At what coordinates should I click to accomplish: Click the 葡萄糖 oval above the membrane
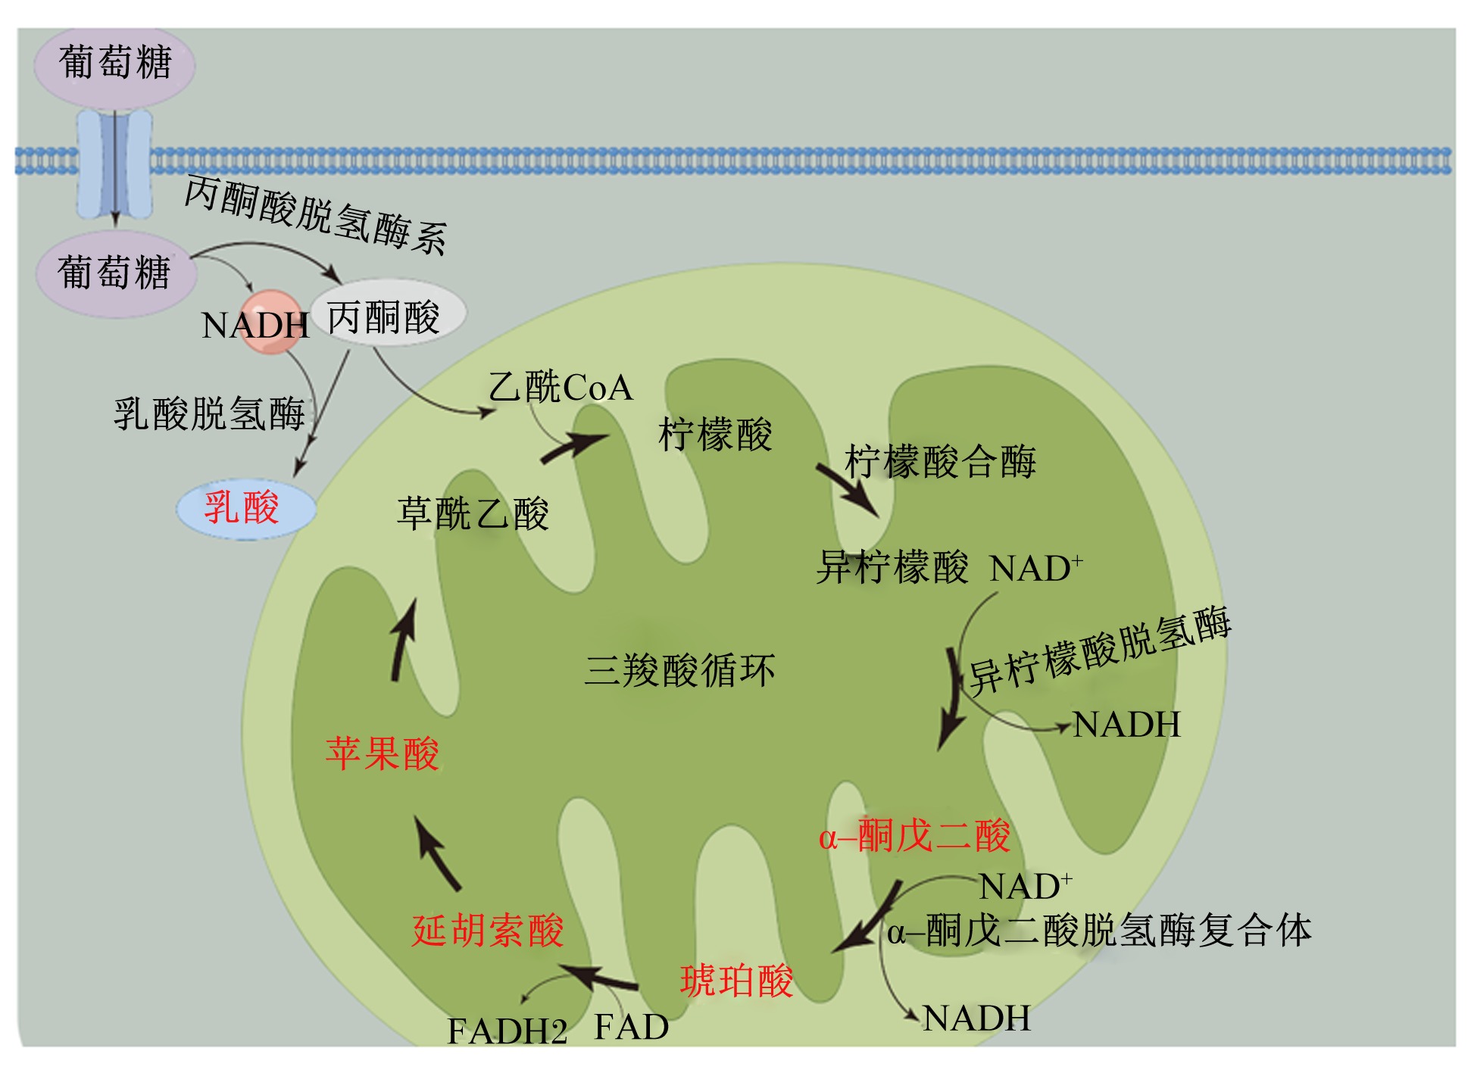pos(114,65)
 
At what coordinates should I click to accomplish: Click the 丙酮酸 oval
pos(388,313)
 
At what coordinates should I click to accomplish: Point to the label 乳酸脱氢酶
pos(209,414)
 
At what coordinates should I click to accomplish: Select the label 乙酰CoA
pos(561,387)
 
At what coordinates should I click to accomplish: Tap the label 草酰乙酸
pos(473,513)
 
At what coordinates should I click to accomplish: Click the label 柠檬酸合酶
pos(940,461)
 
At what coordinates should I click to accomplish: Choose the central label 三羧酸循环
pos(679,670)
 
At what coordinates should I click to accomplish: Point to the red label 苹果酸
pos(383,753)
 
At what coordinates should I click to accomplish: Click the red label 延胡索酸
pos(488,930)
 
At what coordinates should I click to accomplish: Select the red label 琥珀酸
pos(736,981)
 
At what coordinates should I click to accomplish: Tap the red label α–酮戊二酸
pos(914,837)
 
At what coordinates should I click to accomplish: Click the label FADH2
pos(507,1031)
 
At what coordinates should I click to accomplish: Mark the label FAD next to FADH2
pos(631,1028)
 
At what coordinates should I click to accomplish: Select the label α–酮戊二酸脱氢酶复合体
pos(1099,930)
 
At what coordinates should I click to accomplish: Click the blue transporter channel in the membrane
pos(115,163)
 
